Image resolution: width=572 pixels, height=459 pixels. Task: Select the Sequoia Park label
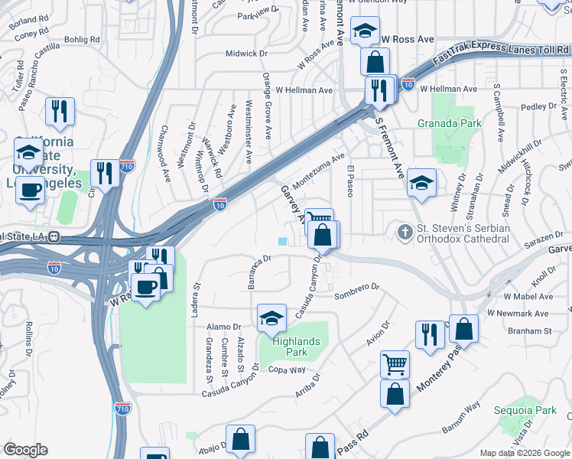coord(535,411)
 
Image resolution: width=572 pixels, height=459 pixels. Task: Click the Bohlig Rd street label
coord(83,39)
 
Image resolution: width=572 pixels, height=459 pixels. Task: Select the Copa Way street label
coord(287,370)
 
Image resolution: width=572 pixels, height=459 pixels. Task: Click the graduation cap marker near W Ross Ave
coord(365,31)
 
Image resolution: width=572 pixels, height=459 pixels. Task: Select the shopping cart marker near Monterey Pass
coord(395,364)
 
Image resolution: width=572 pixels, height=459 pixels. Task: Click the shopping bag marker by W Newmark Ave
coord(463,329)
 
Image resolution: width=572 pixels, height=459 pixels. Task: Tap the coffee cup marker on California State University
coord(31,190)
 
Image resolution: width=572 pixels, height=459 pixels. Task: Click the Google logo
coord(25,450)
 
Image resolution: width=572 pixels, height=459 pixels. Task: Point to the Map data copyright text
coord(525,453)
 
